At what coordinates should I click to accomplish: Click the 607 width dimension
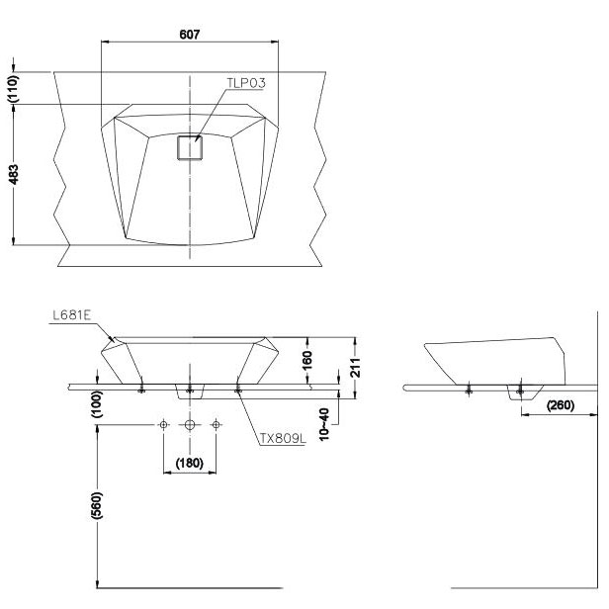(190, 35)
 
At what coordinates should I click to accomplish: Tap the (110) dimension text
(13, 89)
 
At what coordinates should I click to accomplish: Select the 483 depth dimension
(13, 175)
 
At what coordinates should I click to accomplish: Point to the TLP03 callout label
(246, 83)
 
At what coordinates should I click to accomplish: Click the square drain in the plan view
(190, 147)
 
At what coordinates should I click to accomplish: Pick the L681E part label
(72, 315)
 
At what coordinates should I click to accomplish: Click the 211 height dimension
(355, 368)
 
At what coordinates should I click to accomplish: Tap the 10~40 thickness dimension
(324, 424)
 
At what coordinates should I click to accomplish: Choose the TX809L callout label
(283, 439)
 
